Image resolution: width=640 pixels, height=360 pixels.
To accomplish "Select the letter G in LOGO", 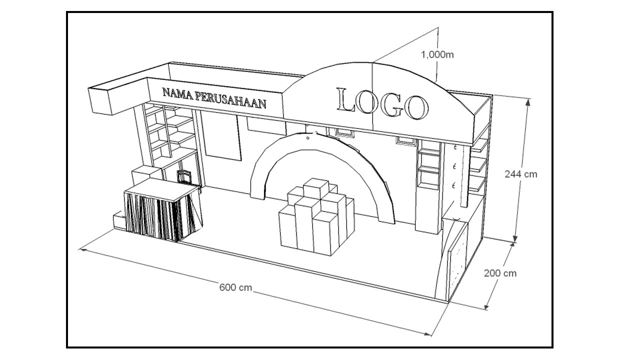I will tap(389, 105).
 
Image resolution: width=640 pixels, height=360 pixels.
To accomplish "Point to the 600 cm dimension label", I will tap(235, 287).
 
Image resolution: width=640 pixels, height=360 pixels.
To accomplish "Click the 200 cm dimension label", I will tap(500, 273).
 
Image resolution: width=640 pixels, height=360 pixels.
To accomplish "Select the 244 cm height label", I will tap(520, 174).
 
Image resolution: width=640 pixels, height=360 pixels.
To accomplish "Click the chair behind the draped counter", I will tap(184, 176).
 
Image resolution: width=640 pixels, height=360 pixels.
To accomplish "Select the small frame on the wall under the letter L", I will tap(344, 132).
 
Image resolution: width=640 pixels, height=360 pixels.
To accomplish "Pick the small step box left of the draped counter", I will tap(118, 220).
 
